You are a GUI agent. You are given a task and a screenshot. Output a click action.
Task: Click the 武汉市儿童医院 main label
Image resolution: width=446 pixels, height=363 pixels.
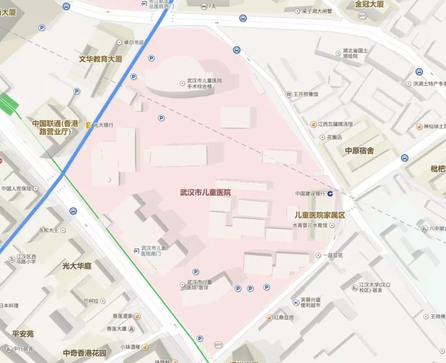205,192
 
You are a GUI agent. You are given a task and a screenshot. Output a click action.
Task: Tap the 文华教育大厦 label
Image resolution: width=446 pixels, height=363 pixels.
108,58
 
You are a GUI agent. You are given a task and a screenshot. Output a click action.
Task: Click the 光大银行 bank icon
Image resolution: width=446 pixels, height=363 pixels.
88,125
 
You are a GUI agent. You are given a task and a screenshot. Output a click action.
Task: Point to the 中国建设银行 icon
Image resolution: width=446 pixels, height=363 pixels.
331,193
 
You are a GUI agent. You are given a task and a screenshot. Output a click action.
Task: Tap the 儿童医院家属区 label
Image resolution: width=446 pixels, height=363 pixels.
316,215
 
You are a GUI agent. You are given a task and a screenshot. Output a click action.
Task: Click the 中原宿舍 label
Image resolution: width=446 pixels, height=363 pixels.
359,151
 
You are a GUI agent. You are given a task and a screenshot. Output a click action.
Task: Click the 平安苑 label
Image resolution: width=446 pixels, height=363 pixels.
23,333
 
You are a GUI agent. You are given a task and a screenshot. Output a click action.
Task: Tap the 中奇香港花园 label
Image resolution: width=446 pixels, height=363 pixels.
85,353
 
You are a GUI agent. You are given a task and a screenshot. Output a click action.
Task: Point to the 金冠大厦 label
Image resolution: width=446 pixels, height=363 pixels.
370,4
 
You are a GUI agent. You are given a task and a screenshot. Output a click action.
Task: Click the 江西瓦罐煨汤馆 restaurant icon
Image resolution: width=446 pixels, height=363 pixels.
313,124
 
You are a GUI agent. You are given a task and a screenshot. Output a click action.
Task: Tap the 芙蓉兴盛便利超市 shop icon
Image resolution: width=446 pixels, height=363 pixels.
295,302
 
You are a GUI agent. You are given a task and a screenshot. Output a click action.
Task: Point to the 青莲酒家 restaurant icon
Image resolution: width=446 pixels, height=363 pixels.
137,316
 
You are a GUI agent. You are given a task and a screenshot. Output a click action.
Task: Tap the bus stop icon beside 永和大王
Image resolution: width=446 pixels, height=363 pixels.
74,211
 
